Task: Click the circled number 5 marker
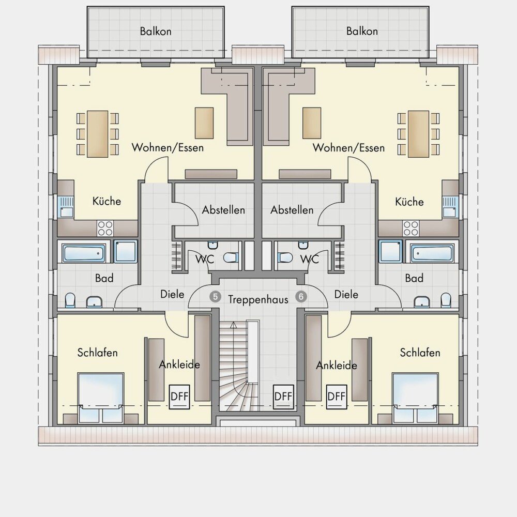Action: pyautogui.click(x=215, y=297)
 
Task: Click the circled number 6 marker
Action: pyautogui.click(x=301, y=297)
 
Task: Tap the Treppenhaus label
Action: pyautogui.click(x=258, y=300)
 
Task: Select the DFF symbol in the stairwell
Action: pyautogui.click(x=283, y=397)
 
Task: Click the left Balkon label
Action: pyautogui.click(x=156, y=32)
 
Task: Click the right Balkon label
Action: pyautogui.click(x=362, y=31)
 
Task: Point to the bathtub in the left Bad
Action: pyautogui.click(x=84, y=253)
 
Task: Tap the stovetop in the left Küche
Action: pyautogui.click(x=105, y=228)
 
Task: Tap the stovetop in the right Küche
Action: pyautogui.click(x=411, y=228)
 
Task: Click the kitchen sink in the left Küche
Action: pyautogui.click(x=66, y=207)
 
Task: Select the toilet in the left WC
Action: pyautogui.click(x=231, y=257)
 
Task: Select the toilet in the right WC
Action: pyautogui.click(x=285, y=257)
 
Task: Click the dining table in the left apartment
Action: pyautogui.click(x=98, y=134)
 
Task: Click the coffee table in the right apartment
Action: pyautogui.click(x=312, y=123)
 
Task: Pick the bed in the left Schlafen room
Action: pyautogui.click(x=101, y=398)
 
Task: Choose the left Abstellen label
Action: pyautogui.click(x=223, y=210)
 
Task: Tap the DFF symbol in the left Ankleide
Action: pyautogui.click(x=179, y=397)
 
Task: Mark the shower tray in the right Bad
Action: pyautogui.click(x=390, y=251)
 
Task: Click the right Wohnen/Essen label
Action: pyautogui.click(x=348, y=147)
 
